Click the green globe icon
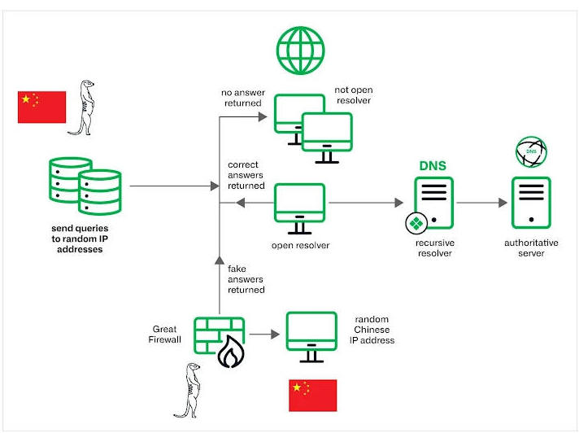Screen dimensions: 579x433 point(301,50)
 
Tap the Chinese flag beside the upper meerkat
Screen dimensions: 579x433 point(41,107)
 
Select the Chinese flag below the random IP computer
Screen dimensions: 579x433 point(313,395)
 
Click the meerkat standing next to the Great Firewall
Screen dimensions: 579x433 point(189,390)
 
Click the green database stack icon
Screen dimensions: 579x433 point(85,186)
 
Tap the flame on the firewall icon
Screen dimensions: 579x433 point(231,352)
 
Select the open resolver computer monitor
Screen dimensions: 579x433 point(299,208)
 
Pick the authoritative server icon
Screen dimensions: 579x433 point(531,203)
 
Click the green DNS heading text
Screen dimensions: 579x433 point(433,165)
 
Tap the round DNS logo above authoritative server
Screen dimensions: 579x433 point(531,152)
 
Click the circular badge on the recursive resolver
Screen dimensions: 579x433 point(416,224)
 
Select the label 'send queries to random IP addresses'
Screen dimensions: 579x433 point(80,238)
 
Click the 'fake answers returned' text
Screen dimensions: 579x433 point(246,279)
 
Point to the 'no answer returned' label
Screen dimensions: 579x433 point(243,98)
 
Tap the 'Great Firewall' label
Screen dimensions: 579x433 point(165,335)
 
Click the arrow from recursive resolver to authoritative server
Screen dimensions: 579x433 point(482,203)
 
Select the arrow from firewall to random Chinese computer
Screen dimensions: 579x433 point(264,335)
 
